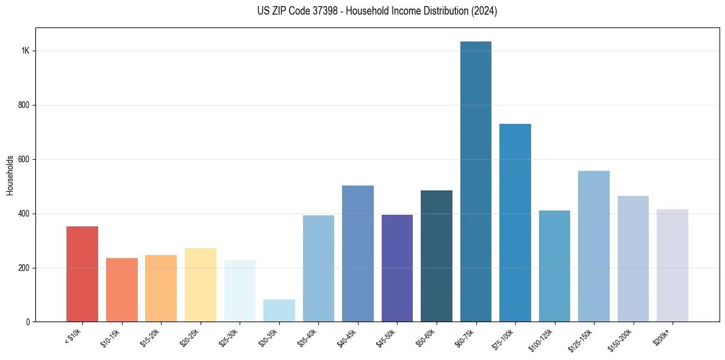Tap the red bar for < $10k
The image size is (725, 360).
(82, 274)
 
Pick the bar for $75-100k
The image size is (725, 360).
(515, 223)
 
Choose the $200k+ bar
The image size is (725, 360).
(672, 265)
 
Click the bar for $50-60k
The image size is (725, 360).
(436, 256)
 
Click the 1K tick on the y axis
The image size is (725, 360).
(25, 51)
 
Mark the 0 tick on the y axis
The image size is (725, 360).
(27, 322)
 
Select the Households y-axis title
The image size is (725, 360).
(10, 175)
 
